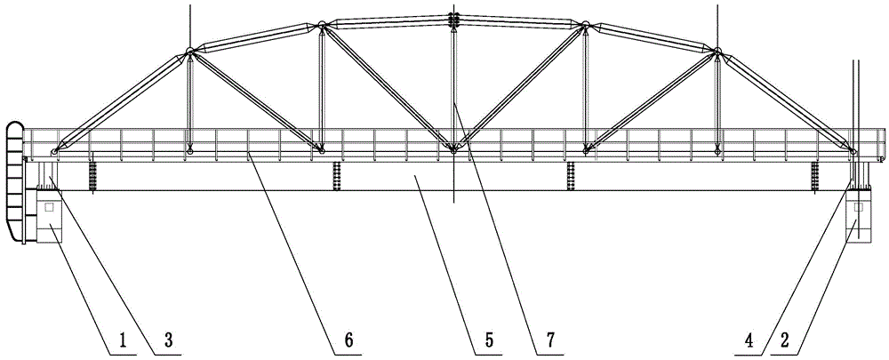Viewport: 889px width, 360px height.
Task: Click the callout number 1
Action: pyautogui.click(x=123, y=340)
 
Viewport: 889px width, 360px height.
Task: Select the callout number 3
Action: pyautogui.click(x=168, y=340)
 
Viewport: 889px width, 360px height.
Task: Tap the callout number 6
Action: pyautogui.click(x=348, y=340)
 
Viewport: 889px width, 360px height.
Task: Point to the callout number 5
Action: pyautogui.click(x=489, y=340)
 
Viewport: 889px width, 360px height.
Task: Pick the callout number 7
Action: pyautogui.click(x=549, y=340)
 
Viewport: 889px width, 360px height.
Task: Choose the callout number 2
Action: pyautogui.click(x=785, y=340)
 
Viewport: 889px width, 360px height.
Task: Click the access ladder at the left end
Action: pyautogui.click(x=14, y=182)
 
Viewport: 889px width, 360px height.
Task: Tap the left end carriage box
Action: pyautogui.click(x=49, y=216)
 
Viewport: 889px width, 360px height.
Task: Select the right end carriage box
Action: pyautogui.click(x=858, y=216)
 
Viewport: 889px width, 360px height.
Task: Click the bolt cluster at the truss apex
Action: pyautogui.click(x=453, y=20)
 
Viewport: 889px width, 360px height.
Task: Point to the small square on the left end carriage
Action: pyautogui.click(x=49, y=207)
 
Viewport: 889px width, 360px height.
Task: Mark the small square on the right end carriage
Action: pyautogui.click(x=858, y=207)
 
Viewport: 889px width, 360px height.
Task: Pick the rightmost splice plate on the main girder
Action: pyautogui.click(x=814, y=176)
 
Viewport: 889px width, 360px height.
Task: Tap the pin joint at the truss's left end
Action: pyautogui.click(x=54, y=151)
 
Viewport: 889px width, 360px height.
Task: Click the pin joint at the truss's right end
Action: pyautogui.click(x=853, y=151)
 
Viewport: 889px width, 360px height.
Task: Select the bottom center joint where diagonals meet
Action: pyautogui.click(x=453, y=150)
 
